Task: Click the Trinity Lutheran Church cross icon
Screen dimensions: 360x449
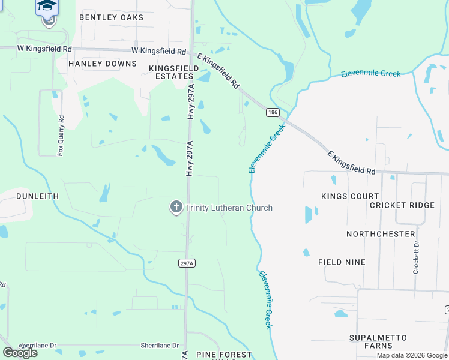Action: [x=176, y=208]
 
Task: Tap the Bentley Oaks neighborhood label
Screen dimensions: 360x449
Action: [x=112, y=17]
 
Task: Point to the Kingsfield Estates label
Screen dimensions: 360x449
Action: [x=174, y=73]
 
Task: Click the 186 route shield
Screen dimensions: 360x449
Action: [x=273, y=112]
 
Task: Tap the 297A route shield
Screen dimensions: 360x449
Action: [x=186, y=263]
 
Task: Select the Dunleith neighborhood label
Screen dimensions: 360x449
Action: [x=37, y=196]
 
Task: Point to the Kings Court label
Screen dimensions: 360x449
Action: [x=350, y=196]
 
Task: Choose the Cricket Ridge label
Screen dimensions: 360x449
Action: [x=402, y=205]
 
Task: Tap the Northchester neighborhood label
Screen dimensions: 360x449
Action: [x=381, y=233]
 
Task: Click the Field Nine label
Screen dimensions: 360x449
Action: [x=342, y=262]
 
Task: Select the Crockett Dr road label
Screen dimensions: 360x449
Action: [x=415, y=257]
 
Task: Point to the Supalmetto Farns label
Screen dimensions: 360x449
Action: [x=378, y=341]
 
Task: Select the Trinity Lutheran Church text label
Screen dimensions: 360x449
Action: [x=229, y=208]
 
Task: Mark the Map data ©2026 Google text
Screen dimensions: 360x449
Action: [x=411, y=355]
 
